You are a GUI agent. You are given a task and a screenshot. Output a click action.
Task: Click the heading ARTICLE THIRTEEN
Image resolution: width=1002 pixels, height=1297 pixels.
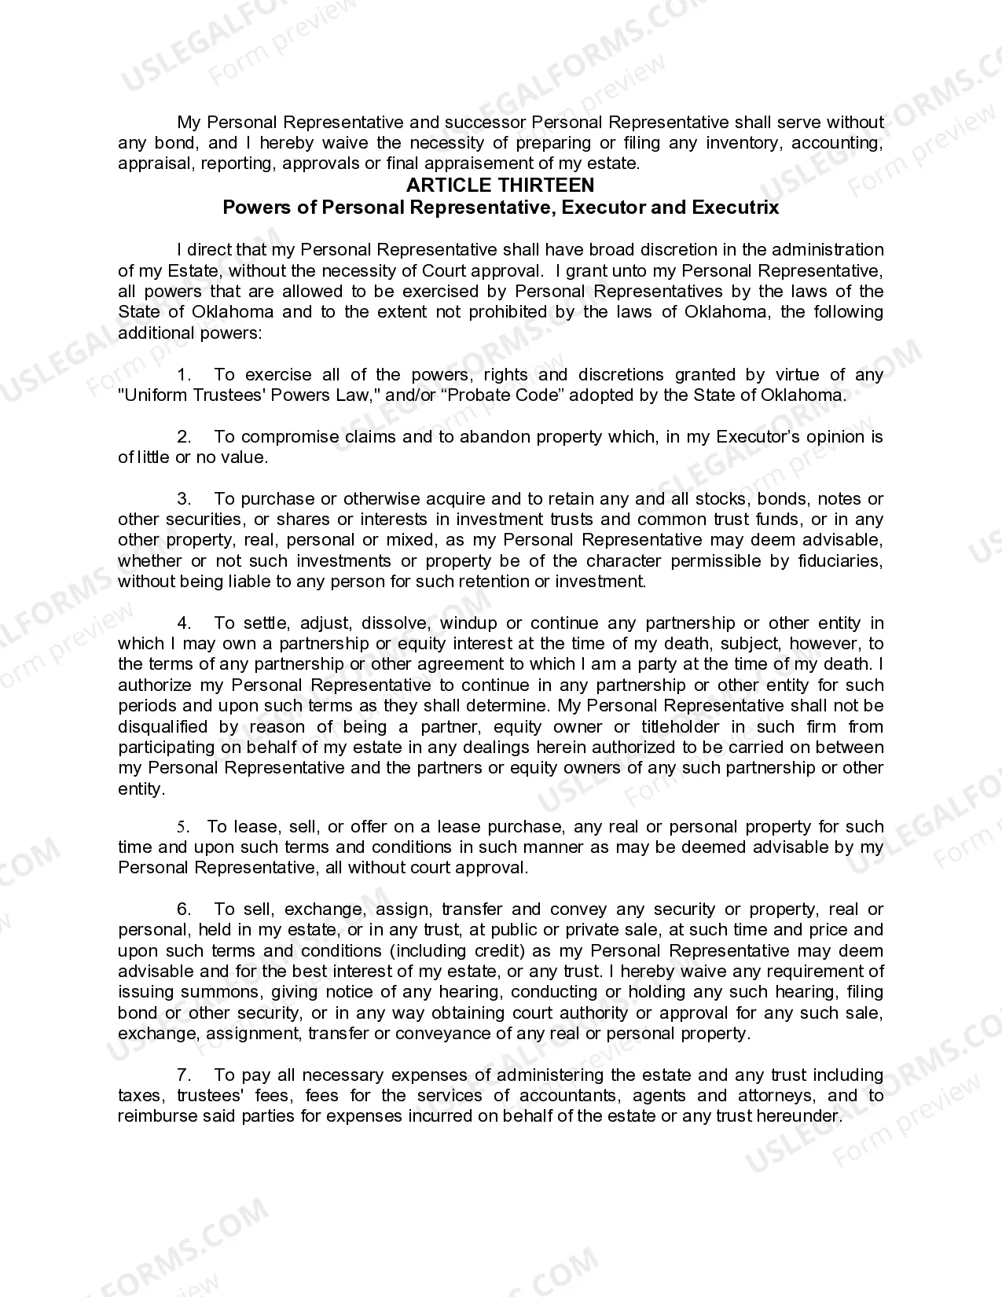click(x=500, y=186)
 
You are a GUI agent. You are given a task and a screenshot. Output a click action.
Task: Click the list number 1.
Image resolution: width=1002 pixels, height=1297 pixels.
click(x=185, y=375)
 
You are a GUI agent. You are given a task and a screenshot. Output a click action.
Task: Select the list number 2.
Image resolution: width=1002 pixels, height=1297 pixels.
click(x=185, y=437)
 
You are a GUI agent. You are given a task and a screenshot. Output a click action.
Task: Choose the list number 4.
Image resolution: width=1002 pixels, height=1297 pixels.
click(x=185, y=623)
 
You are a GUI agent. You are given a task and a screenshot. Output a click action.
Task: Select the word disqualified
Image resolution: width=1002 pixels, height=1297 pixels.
click(x=163, y=727)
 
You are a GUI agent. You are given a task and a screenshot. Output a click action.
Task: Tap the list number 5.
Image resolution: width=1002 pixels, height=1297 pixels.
click(x=183, y=827)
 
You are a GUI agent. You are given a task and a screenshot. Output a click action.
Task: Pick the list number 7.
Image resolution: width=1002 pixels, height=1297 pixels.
click(x=185, y=1075)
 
